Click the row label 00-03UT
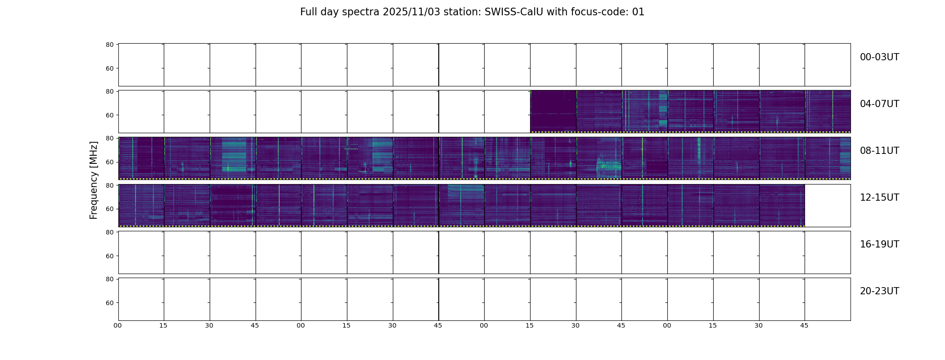(879, 57)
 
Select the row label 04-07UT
(879, 104)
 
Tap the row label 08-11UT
(879, 151)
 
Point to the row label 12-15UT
(879, 198)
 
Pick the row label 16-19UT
(879, 244)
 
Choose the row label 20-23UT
(879, 291)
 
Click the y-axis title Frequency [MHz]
(94, 180)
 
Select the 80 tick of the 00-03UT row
(109, 45)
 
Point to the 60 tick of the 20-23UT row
(109, 303)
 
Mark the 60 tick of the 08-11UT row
(109, 162)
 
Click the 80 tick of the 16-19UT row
(109, 232)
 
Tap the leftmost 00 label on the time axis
(117, 325)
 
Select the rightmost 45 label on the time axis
(804, 325)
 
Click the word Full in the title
(308, 12)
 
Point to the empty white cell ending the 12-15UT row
(828, 205)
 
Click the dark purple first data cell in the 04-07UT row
(553, 111)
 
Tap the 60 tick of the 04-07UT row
(109, 115)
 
